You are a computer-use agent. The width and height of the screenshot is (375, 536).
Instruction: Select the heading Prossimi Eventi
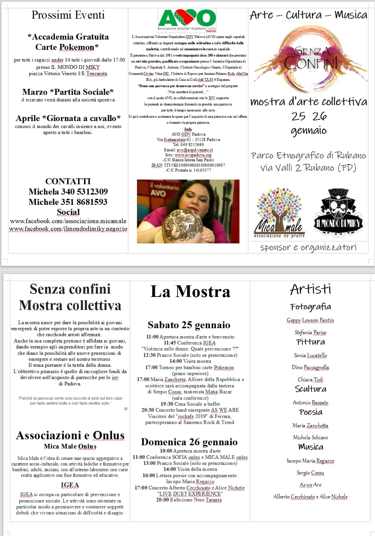tap(68, 15)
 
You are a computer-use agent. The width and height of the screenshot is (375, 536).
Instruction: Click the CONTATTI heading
tap(68, 181)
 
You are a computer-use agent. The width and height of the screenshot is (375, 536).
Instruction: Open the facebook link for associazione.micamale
tap(68, 221)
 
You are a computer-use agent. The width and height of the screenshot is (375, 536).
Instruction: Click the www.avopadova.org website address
tap(193, 155)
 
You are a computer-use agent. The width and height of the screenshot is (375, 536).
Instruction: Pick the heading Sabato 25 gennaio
tap(189, 325)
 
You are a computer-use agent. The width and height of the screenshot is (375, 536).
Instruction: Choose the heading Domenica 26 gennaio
tap(189, 442)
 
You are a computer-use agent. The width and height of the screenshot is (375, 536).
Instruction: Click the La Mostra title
tap(190, 291)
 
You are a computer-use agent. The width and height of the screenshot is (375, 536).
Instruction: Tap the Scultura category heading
tap(310, 389)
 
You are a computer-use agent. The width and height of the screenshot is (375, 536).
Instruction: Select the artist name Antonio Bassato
tap(310, 403)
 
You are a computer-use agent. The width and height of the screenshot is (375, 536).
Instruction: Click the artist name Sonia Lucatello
tap(310, 355)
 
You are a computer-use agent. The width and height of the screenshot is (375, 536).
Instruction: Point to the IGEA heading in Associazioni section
tap(70, 485)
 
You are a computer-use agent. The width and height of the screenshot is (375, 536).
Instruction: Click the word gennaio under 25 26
tap(308, 130)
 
